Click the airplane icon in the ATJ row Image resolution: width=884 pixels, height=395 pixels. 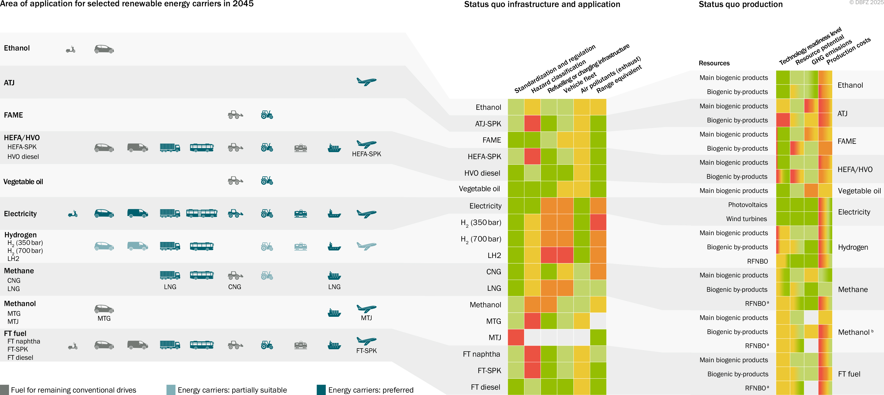[366, 81]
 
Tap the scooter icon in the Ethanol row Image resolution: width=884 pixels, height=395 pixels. [71, 49]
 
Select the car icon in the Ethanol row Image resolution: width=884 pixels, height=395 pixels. [104, 49]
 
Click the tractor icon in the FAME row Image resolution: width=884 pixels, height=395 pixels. [267, 115]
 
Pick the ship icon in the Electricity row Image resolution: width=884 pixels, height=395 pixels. [334, 214]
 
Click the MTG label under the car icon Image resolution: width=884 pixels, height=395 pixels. [104, 318]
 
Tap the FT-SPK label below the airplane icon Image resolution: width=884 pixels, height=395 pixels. [366, 351]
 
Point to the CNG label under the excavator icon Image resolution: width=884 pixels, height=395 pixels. [235, 287]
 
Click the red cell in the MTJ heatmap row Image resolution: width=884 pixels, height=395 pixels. [516, 337]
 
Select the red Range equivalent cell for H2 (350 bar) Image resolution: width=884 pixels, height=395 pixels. [598, 222]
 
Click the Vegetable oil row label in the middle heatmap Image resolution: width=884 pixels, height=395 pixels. [479, 189]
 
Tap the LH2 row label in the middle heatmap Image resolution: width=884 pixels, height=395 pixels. [494, 255]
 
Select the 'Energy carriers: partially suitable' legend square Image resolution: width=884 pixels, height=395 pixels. [170, 390]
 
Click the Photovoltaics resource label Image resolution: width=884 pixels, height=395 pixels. [748, 205]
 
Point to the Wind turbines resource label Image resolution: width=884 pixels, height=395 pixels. [746, 219]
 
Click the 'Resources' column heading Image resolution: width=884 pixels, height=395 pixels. [714, 63]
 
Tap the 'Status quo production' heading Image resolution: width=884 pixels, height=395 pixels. [740, 4]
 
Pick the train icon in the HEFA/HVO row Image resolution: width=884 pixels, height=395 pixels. [301, 148]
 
